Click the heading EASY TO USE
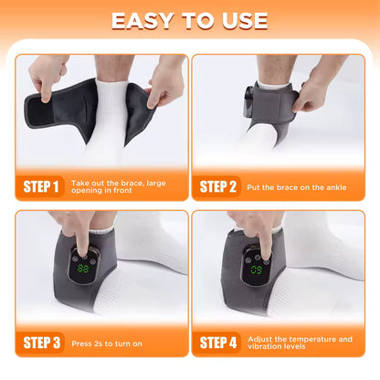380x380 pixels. (190, 20)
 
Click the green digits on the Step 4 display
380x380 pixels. (257, 270)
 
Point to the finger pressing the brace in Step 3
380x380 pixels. (83, 241)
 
